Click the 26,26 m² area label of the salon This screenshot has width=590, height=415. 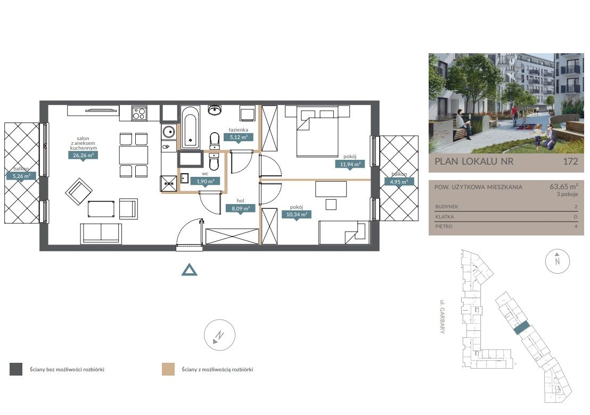[x=83, y=155]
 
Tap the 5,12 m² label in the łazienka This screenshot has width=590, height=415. [x=239, y=137]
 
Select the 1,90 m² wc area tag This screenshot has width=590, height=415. [x=206, y=182]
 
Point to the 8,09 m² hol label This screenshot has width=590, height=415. [x=241, y=208]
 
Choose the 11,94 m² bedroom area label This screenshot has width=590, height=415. [x=350, y=164]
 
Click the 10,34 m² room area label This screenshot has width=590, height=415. [x=297, y=215]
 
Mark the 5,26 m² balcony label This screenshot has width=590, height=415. [x=21, y=176]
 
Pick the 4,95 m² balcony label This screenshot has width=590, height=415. [x=399, y=182]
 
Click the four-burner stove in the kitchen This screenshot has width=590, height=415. [x=139, y=113]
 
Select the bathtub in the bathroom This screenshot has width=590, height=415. [x=190, y=127]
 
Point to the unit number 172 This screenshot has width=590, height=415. [x=570, y=161]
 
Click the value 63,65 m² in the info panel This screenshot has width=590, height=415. [x=564, y=186]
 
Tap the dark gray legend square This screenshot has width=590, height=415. [x=16, y=369]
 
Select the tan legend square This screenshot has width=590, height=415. [x=168, y=369]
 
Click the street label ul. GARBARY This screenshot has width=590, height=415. [x=442, y=316]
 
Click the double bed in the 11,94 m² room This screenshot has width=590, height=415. [x=317, y=132]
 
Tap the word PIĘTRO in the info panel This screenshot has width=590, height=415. [x=444, y=226]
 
